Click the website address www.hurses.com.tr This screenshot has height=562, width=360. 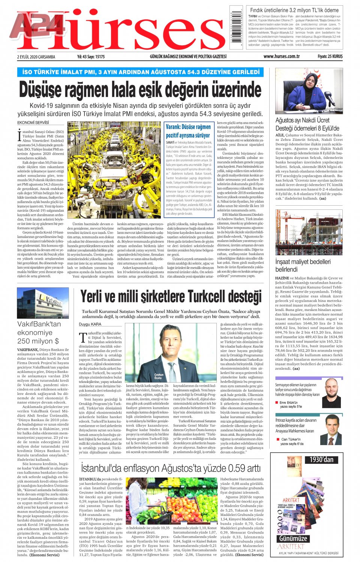tap(281, 57)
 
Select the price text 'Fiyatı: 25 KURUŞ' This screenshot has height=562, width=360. tap(330, 57)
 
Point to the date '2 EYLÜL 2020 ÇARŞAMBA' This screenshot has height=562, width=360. tap(36, 57)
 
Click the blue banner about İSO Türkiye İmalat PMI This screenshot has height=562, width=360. tap(140, 72)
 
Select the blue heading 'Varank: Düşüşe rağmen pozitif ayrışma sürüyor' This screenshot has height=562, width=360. tap(188, 131)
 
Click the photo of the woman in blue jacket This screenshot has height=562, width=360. tap(309, 91)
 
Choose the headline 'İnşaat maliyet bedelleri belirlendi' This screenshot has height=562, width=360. tap(303, 265)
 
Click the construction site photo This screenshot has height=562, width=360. tap(309, 232)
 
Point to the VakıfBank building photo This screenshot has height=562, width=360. tap(43, 303)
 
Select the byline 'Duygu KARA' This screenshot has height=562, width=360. tap(90, 324)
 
